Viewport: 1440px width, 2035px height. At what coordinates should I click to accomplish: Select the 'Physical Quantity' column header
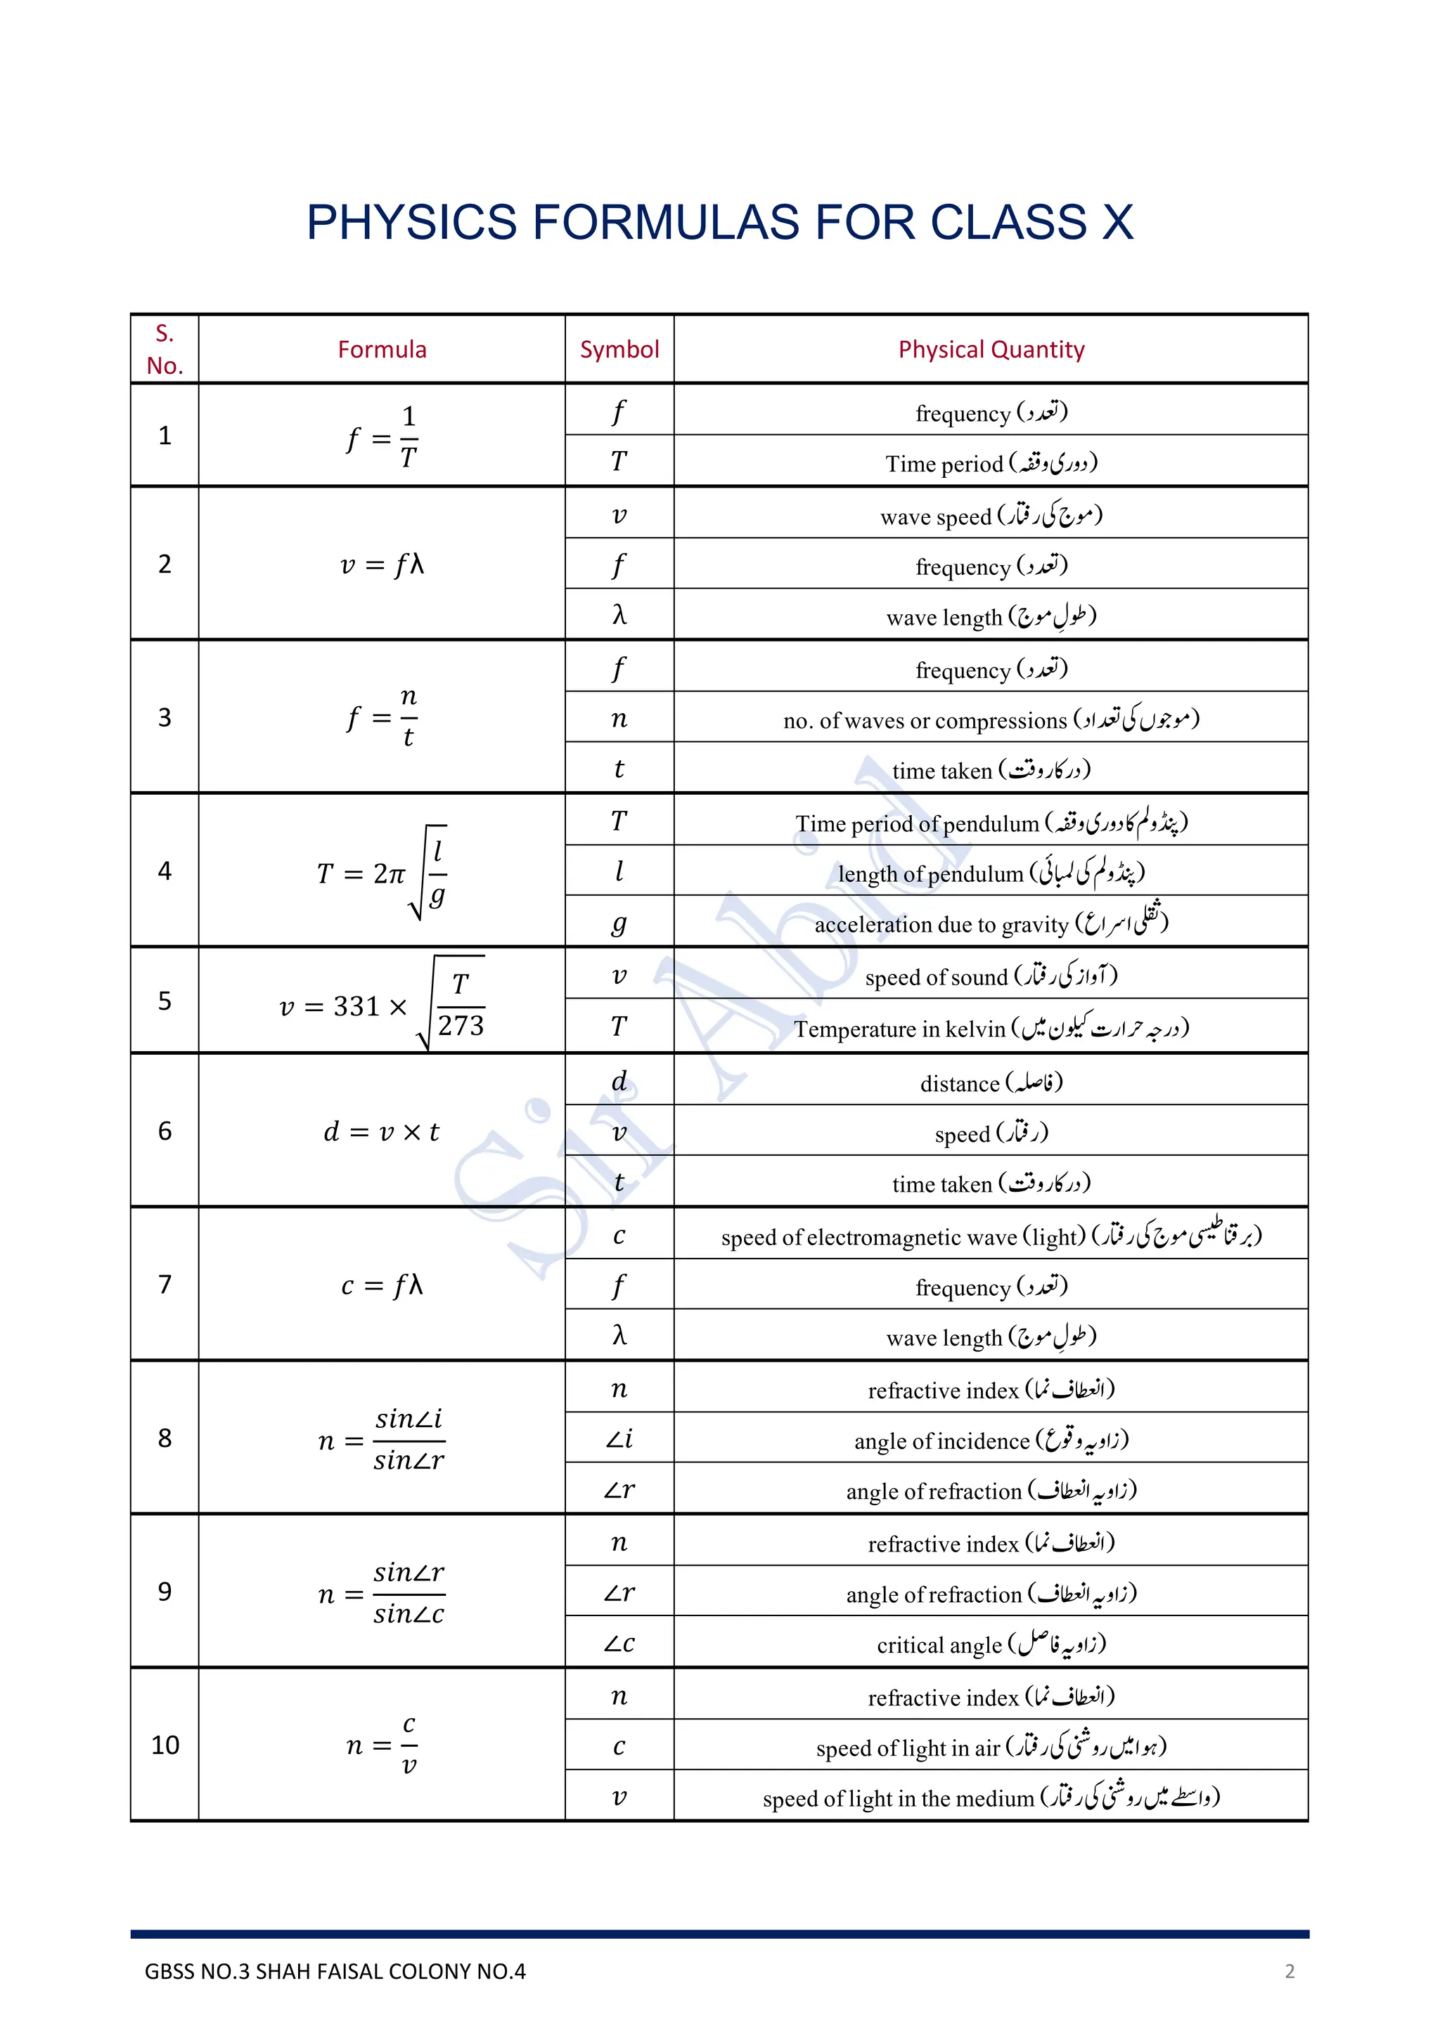pyautogui.click(x=991, y=349)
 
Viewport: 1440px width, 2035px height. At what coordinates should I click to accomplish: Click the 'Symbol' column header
pyautogui.click(x=619, y=349)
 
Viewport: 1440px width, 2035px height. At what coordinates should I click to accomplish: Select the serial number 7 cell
pyautogui.click(x=165, y=1285)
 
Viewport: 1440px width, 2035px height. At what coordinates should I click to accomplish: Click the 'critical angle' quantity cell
pyautogui.click(x=991, y=1645)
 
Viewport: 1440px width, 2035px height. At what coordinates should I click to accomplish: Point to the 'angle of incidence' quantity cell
pyautogui.click(x=991, y=1441)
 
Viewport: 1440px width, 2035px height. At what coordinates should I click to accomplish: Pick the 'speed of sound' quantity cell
pyautogui.click(x=991, y=977)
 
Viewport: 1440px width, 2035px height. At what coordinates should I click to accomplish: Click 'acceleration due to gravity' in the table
pyautogui.click(x=991, y=923)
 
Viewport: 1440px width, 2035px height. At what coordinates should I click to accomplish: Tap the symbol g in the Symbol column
pyautogui.click(x=619, y=923)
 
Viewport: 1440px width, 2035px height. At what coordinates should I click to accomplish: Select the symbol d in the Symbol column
pyautogui.click(x=619, y=1081)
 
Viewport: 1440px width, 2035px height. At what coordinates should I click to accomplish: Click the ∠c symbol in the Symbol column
pyautogui.click(x=619, y=1644)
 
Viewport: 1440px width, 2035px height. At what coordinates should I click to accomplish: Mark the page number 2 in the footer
pyautogui.click(x=1290, y=1971)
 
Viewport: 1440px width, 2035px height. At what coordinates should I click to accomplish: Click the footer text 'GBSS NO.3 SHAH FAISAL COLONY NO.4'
pyautogui.click(x=335, y=1971)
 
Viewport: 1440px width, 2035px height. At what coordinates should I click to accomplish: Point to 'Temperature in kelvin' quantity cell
pyautogui.click(x=991, y=1028)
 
